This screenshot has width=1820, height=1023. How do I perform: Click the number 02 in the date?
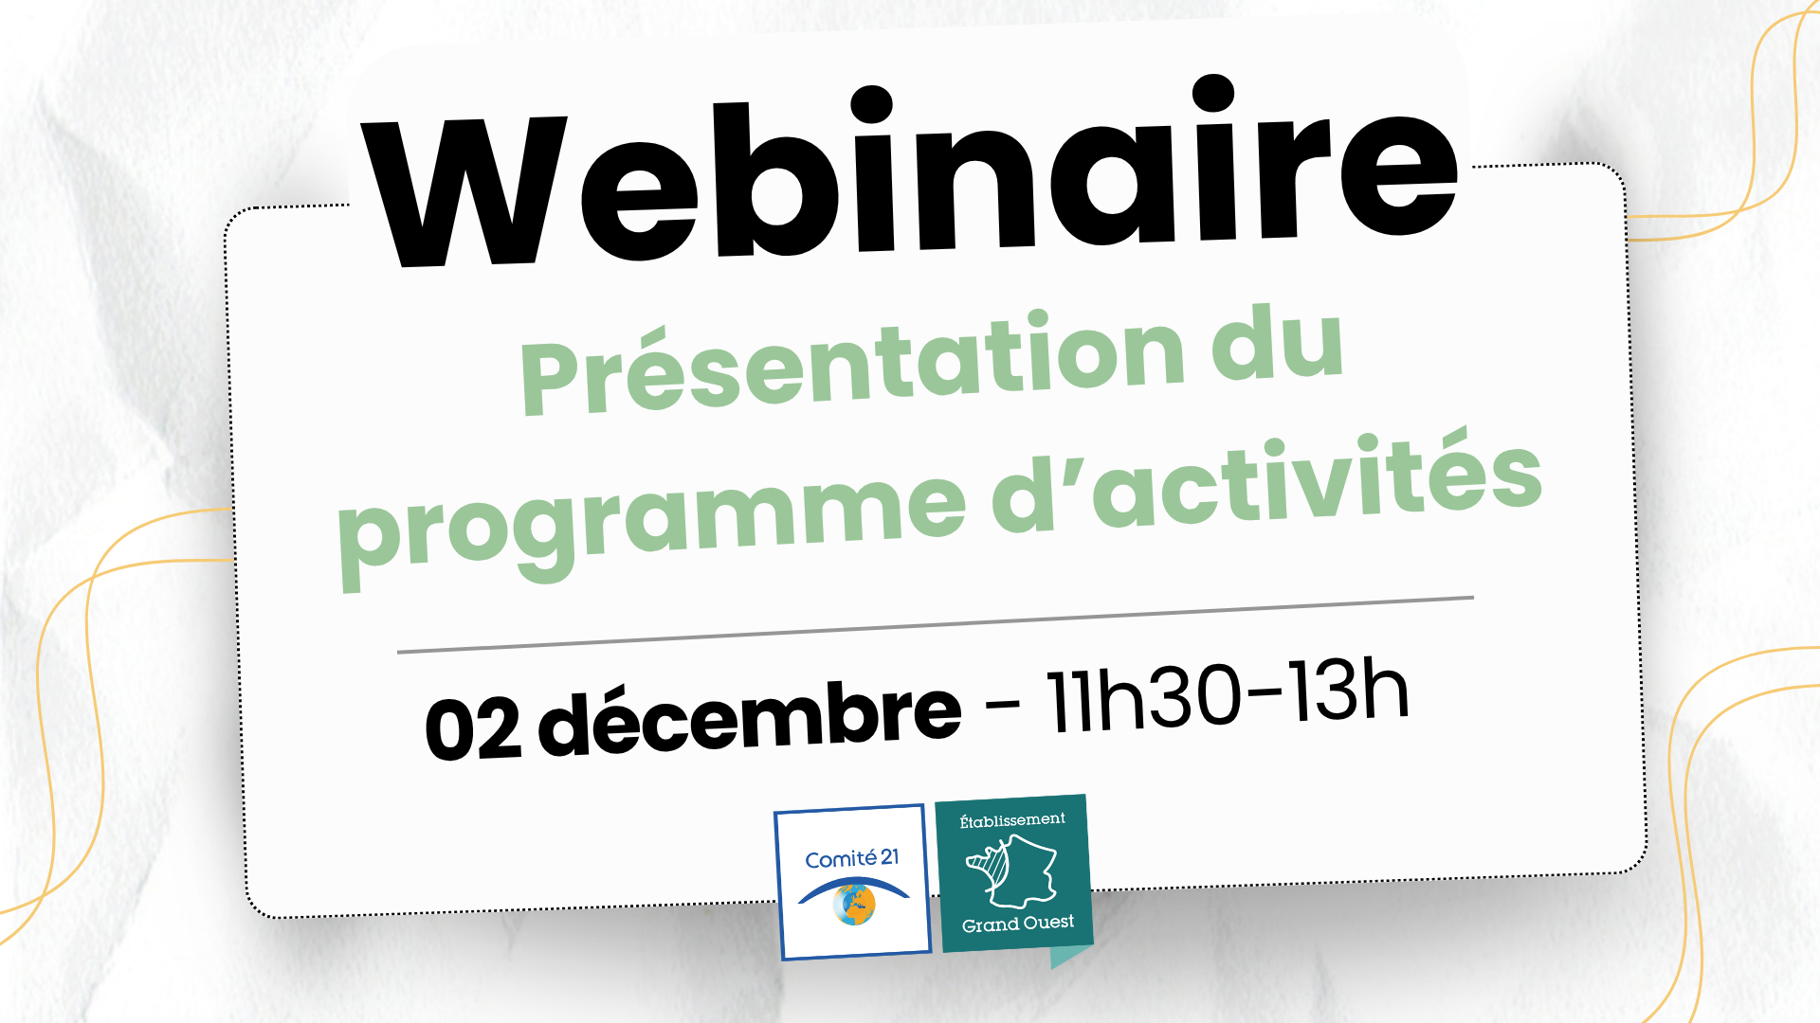point(473,728)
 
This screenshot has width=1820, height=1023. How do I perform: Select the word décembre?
point(750,717)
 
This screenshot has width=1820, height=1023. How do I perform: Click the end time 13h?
point(1346,691)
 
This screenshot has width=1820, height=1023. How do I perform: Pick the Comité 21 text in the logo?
point(851,858)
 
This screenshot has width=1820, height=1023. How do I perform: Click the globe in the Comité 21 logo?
point(854,905)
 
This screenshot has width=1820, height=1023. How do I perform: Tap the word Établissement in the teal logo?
point(1011,819)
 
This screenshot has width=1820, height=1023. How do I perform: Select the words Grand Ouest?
point(1018,924)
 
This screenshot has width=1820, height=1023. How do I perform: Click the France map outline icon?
point(1012,870)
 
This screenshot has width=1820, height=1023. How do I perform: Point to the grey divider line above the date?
point(935,625)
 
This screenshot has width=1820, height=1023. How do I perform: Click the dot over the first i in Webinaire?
point(871,105)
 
